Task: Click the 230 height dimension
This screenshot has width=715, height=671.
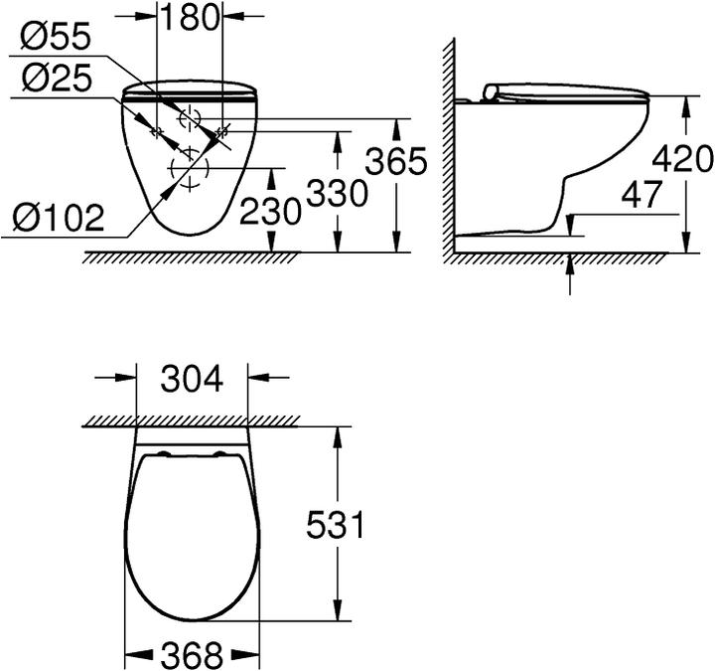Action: [270, 210]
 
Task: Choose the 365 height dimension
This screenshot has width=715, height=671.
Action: [396, 160]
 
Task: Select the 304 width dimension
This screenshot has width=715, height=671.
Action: [191, 378]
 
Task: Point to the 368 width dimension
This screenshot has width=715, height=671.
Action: [191, 655]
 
